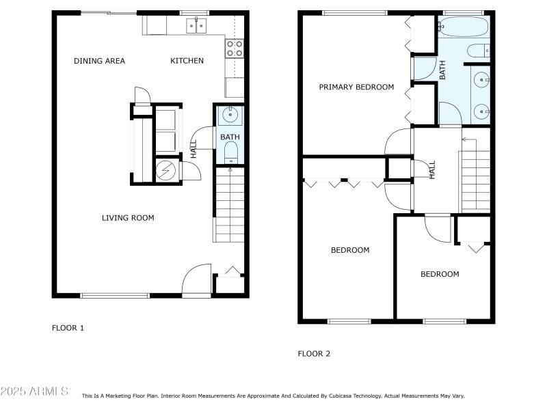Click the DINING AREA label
(99, 61)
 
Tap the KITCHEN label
(187, 61)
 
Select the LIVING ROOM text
(128, 218)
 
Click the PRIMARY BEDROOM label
(356, 87)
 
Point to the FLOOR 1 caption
(68, 328)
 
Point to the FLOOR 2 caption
(314, 353)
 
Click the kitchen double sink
(196, 25)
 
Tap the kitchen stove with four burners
(235, 48)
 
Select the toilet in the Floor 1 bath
(230, 152)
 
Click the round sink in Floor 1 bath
(230, 114)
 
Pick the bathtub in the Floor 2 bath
(464, 27)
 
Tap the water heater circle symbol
(165, 170)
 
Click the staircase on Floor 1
(230, 204)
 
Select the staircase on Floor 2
(475, 181)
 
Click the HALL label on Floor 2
(432, 169)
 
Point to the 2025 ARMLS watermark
(34, 391)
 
